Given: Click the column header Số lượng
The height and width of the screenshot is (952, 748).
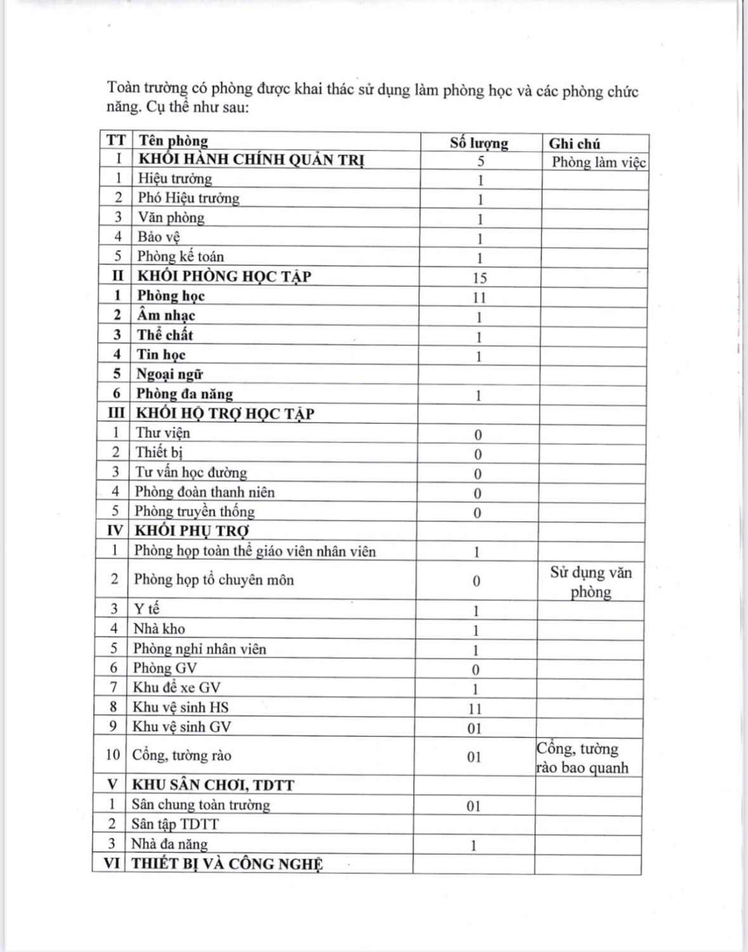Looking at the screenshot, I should [x=479, y=143].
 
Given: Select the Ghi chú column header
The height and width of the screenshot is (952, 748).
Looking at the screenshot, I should [x=574, y=144].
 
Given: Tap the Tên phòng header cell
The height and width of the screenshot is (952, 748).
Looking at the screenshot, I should [x=173, y=141].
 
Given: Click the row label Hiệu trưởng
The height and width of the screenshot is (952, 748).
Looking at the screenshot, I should [x=175, y=179].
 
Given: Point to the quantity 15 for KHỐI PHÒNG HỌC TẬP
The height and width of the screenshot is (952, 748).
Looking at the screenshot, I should [x=480, y=278].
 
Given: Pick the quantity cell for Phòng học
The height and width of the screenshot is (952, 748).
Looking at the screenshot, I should [x=479, y=298].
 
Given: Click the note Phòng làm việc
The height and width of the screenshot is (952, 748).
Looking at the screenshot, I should [x=598, y=162].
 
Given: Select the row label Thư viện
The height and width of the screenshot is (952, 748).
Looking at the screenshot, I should [x=163, y=433].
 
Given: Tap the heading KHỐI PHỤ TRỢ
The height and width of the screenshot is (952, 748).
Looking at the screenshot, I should [x=192, y=531].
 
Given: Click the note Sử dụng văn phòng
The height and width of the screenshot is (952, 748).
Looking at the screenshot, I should [x=591, y=583].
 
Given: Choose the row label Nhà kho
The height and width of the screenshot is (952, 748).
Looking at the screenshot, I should [x=159, y=629].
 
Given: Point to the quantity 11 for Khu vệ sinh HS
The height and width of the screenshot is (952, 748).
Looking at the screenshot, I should [x=475, y=709].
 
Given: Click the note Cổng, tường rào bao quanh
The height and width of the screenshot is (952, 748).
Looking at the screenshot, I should [x=582, y=758].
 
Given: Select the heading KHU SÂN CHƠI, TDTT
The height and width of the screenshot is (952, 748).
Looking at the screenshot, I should [x=213, y=785].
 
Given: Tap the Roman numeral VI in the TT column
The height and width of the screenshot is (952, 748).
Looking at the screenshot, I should [x=112, y=864].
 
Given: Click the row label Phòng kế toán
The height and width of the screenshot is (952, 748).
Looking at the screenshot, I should [x=181, y=256].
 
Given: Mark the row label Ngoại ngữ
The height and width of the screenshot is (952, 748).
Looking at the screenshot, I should [x=169, y=374].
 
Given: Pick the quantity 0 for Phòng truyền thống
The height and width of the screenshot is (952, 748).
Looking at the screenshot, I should [x=477, y=513].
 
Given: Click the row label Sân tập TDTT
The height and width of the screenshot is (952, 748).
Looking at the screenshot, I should [x=175, y=824].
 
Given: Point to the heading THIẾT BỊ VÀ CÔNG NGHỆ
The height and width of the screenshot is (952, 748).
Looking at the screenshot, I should [x=227, y=864].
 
